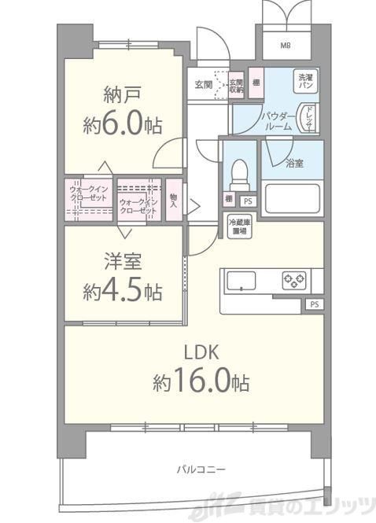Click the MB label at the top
click(x=285, y=44)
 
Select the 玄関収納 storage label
click(x=236, y=85)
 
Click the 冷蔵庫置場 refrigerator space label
click(x=239, y=227)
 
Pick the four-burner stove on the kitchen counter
click(x=295, y=279)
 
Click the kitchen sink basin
click(x=244, y=280)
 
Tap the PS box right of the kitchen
click(x=314, y=304)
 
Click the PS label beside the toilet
click(x=248, y=201)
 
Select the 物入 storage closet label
click(x=173, y=203)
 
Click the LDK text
click(x=201, y=352)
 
